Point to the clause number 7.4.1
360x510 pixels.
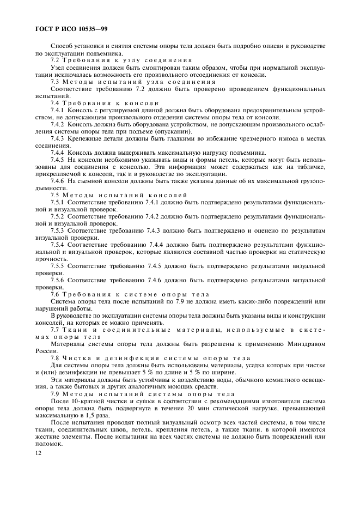pos(58,110)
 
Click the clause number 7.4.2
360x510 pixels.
pos(58,124)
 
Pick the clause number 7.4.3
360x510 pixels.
pos(58,138)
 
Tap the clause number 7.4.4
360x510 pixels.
pos(58,153)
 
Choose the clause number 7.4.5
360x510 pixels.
pos(58,160)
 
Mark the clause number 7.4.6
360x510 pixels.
pos(58,181)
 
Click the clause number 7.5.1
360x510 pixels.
pos(58,202)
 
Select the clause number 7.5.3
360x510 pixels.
pos(58,230)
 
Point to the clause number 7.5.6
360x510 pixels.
pos(58,280)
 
